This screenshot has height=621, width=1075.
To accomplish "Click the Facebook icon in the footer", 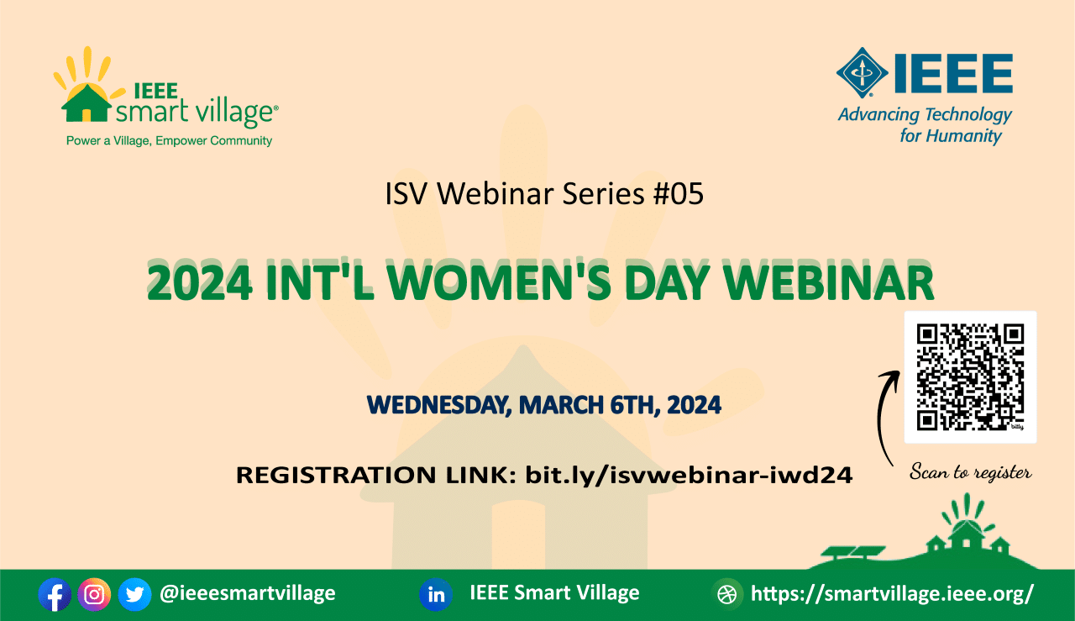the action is tap(55, 595).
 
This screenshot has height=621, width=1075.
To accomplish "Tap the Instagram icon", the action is tap(94, 595).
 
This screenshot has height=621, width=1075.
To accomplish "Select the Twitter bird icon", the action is tap(135, 595).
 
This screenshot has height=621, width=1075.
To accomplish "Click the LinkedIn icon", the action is tap(436, 595).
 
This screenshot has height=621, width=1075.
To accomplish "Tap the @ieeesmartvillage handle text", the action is tap(247, 593).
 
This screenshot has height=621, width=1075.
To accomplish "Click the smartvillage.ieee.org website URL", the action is tap(892, 593).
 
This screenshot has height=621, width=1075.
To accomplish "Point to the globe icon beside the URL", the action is tap(726, 595).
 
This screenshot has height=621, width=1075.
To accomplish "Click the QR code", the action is tap(970, 377).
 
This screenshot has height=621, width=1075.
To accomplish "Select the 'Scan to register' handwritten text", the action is tap(970, 472).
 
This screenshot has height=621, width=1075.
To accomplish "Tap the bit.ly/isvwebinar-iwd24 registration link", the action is tap(689, 475).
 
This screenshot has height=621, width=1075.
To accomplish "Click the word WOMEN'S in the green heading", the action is tap(499, 281).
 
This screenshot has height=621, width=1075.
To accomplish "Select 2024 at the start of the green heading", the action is tap(199, 282).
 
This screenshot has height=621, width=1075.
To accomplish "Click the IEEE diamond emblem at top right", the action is tap(863, 72).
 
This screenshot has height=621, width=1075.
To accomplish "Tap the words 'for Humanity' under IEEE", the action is tap(951, 136).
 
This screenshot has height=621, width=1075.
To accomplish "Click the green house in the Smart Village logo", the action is tap(87, 103).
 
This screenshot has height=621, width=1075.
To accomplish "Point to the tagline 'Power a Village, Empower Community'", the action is tap(169, 140).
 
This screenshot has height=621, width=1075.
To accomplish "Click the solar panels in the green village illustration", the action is tap(853, 552).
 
